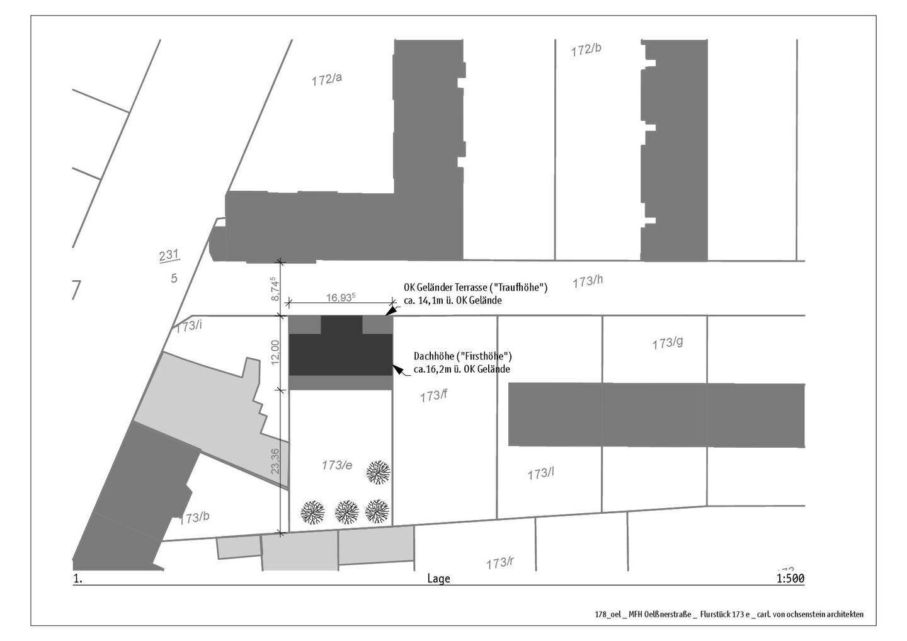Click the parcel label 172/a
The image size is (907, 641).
pyautogui.click(x=326, y=79)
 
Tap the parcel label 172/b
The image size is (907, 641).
pyautogui.click(x=586, y=50)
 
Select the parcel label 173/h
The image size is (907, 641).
pyautogui.click(x=588, y=281)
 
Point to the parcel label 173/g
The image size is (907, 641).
pyautogui.click(x=667, y=343)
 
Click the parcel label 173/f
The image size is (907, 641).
pyautogui.click(x=433, y=396)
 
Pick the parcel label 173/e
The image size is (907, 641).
pyautogui.click(x=337, y=465)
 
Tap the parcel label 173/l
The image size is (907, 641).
pyautogui.click(x=540, y=474)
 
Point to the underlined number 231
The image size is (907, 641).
pyautogui.click(x=169, y=256)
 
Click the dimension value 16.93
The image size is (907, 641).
pyautogui.click(x=341, y=297)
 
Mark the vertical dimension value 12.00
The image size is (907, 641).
pyautogui.click(x=275, y=353)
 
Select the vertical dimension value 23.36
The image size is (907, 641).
pyautogui.click(x=275, y=462)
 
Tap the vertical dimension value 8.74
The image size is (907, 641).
pyautogui.click(x=275, y=289)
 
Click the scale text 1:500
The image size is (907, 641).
pyautogui.click(x=790, y=579)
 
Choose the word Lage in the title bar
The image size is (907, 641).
pyautogui.click(x=438, y=579)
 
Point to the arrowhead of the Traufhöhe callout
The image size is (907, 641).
pyautogui.click(x=390, y=312)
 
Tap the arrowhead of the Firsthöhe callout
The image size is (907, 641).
pyautogui.click(x=398, y=369)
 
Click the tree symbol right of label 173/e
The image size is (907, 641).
pyautogui.click(x=378, y=472)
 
